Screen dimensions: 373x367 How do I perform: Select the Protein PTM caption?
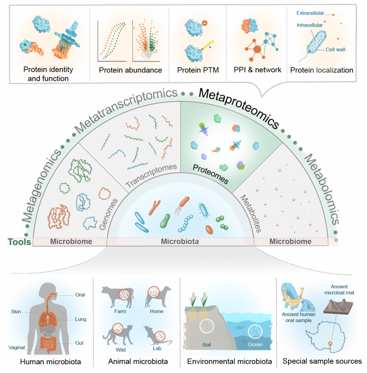click(198, 70)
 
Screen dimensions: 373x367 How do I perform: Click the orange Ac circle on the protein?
click(204, 23)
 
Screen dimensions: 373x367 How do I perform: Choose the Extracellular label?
click(310, 13)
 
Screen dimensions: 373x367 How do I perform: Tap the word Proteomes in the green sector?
click(210, 172)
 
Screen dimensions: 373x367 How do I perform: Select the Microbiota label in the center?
click(180, 242)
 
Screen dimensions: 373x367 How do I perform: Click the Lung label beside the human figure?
click(81, 319)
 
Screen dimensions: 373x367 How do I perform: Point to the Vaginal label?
click(17, 347)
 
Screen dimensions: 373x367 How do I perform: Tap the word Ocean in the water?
click(255, 345)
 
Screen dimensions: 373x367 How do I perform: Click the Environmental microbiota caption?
click(230, 361)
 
